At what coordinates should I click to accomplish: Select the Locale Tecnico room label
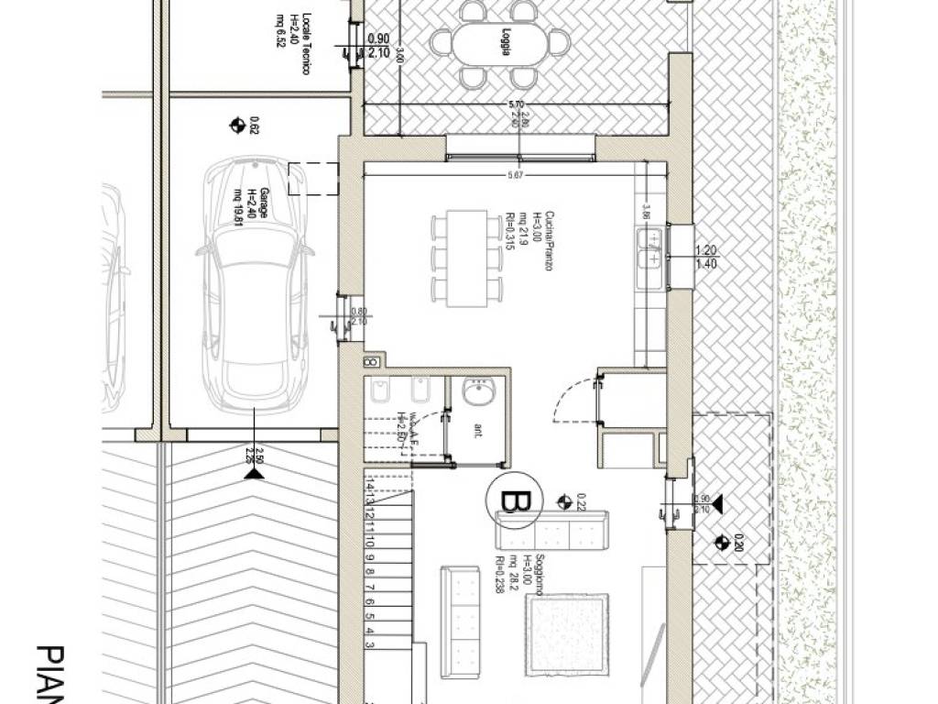(288, 24)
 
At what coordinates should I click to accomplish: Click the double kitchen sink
(651, 248)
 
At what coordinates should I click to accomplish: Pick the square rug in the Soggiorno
(566, 637)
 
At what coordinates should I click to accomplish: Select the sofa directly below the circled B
(551, 532)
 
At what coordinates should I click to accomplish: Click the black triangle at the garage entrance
(254, 472)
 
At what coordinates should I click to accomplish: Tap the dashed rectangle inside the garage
(312, 179)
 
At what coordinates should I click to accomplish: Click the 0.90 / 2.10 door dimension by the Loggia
(377, 47)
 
